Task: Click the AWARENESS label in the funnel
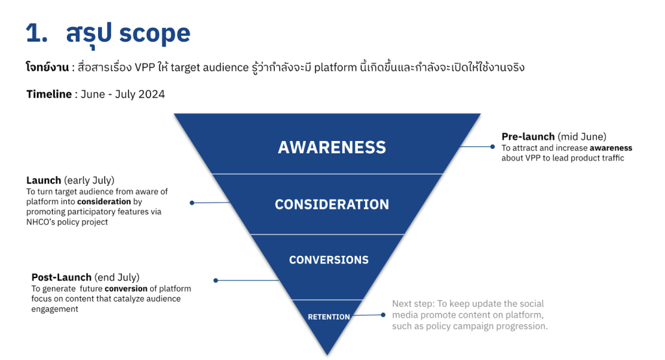pos(332,148)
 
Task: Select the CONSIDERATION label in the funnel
pos(332,205)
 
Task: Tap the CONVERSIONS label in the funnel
pos(329,260)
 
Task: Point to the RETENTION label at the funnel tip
pos(329,317)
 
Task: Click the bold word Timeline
pos(49,94)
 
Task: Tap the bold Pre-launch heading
pos(528,136)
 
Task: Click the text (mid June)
pos(582,136)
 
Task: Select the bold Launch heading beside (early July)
pos(44,180)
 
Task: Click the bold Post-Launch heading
pos(62,277)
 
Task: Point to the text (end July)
pos(117,277)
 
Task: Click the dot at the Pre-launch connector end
pos(492,147)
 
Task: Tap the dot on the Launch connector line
pos(192,203)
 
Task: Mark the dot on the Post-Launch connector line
pos(216,281)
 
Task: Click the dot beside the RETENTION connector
pos(384,315)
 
